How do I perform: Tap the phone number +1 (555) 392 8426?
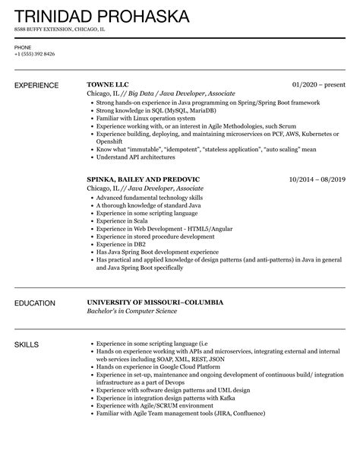coord(35,54)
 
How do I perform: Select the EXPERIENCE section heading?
coord(39,85)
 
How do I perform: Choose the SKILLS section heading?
coord(29,344)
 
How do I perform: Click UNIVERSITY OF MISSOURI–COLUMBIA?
coord(156,303)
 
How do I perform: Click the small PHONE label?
coord(23,47)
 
